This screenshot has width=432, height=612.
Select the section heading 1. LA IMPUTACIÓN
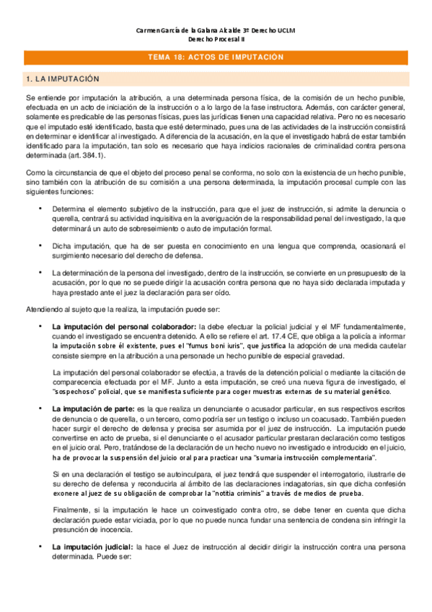click(61, 78)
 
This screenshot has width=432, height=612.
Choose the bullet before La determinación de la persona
click(40, 273)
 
